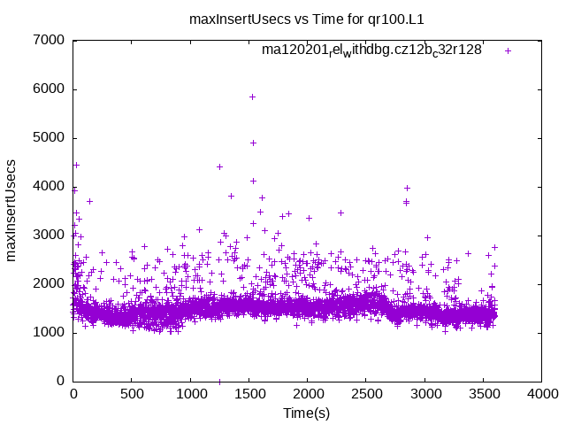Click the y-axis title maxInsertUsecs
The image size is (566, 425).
point(11,210)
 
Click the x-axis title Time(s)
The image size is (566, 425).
point(307,413)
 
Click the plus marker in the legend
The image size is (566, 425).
point(508,50)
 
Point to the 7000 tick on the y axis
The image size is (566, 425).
point(48,40)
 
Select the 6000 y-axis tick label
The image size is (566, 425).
point(48,89)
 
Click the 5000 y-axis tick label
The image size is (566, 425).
point(48,137)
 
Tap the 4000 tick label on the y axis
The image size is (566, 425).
point(48,186)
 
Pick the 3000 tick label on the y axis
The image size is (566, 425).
point(48,235)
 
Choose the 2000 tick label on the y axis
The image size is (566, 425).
point(48,283)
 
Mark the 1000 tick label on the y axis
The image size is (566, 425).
point(48,332)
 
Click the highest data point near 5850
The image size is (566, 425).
point(252,97)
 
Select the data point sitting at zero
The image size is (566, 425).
point(219,381)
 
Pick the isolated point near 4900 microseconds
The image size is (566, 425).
point(253,143)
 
